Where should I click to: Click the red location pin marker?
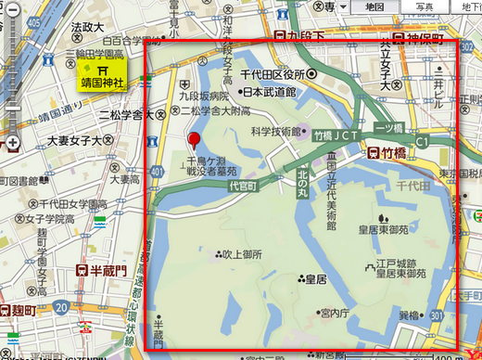coord(194,141)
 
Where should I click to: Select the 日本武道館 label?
coord(266,93)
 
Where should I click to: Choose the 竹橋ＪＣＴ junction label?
coord(336,135)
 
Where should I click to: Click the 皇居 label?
coord(314,278)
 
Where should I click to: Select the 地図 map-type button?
coord(375,6)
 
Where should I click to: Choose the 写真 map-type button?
coord(424,6)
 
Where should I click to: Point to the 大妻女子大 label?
coord(80,141)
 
